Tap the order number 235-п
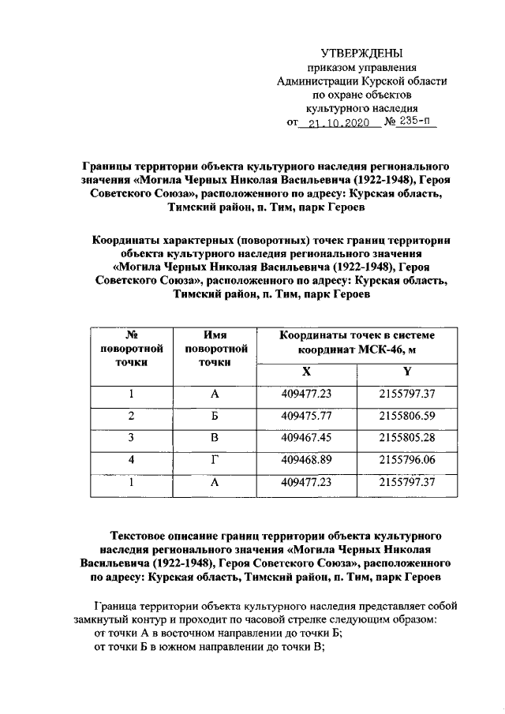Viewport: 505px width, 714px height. point(414,122)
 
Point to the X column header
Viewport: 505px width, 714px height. point(307,372)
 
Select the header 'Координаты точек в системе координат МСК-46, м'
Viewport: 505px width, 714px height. point(357,342)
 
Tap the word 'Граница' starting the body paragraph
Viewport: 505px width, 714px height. point(118,606)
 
